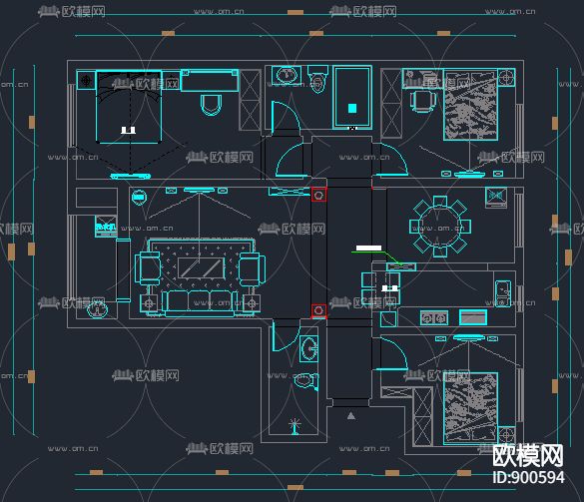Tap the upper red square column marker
[x=318, y=195]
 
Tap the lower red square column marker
[x=318, y=310]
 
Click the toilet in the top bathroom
[x=318, y=80]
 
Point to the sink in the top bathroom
[x=287, y=75]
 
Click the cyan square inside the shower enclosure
[x=351, y=108]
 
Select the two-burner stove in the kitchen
[x=432, y=318]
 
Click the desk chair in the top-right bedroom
[x=422, y=100]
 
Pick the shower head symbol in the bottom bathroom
[x=293, y=426]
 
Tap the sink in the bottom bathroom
[x=309, y=348]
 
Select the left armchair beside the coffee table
[x=147, y=267]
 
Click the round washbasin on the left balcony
[x=96, y=309]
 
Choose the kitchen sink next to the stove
[x=472, y=317]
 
